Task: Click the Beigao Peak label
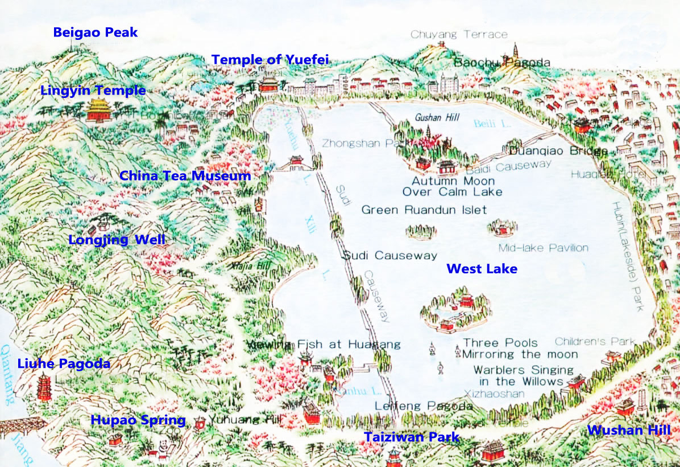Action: pyautogui.click(x=95, y=32)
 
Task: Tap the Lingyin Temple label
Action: pyautogui.click(x=93, y=91)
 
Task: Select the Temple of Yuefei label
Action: pyautogui.click(x=270, y=60)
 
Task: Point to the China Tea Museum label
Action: pyautogui.click(x=185, y=176)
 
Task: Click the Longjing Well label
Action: pyautogui.click(x=117, y=240)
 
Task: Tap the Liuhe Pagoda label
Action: pyautogui.click(x=64, y=364)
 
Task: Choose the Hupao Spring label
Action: pyautogui.click(x=138, y=420)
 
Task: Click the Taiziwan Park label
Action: pyautogui.click(x=411, y=437)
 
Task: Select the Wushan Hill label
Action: pyautogui.click(x=629, y=430)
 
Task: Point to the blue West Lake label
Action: pyautogui.click(x=482, y=269)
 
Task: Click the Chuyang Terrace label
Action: pyautogui.click(x=459, y=35)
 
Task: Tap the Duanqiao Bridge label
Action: pyautogui.click(x=558, y=151)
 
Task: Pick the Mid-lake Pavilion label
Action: pyautogui.click(x=543, y=248)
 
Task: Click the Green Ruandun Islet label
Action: pyautogui.click(x=424, y=210)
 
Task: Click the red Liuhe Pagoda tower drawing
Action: pyautogui.click(x=43, y=387)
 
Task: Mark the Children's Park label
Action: pyautogui.click(x=594, y=342)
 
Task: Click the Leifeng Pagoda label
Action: pyautogui.click(x=424, y=406)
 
